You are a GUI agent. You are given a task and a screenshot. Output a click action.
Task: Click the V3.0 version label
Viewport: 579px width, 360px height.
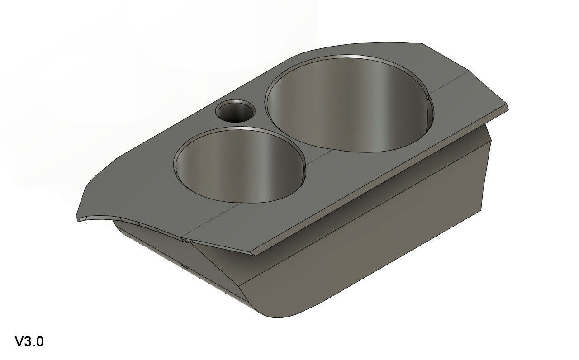coord(29,341)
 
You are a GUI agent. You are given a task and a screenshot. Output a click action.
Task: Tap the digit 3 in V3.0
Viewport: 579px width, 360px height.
coord(29,341)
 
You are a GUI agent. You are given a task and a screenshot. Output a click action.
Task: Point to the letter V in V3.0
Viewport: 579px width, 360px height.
coord(20,341)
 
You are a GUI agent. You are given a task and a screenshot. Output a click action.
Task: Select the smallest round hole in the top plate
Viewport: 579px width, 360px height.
coord(235,111)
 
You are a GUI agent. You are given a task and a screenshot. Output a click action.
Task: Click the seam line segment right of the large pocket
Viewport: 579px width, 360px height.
coord(452,81)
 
